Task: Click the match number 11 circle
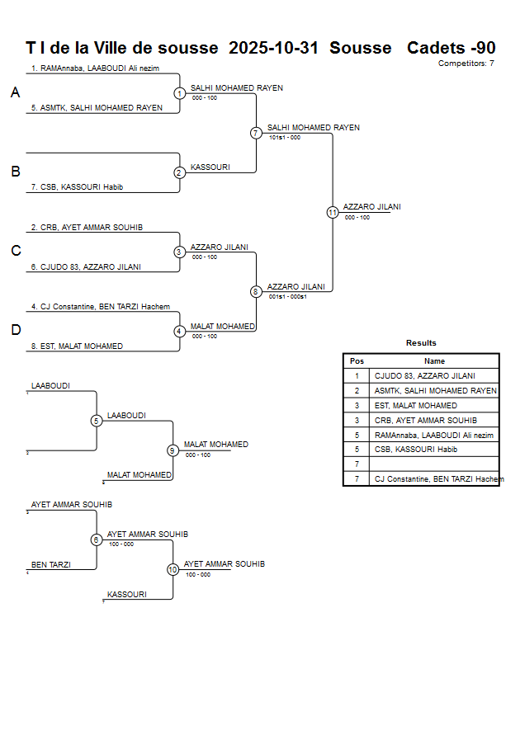333,212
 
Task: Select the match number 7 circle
256,133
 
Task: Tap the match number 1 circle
179,93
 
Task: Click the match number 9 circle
173,450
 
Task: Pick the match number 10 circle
173,569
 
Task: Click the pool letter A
15,93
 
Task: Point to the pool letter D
15,331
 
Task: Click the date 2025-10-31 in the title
273,48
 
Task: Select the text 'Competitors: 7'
466,63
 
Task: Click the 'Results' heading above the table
421,343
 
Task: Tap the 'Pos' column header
357,360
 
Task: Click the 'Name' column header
434,360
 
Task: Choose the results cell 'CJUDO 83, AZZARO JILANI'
425,375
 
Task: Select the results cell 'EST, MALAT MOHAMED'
415,406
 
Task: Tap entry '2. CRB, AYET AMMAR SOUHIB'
87,227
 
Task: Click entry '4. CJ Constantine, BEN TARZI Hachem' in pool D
101,307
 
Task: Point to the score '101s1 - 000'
285,138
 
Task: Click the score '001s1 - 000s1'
288,296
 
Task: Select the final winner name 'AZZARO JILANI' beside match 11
371,207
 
